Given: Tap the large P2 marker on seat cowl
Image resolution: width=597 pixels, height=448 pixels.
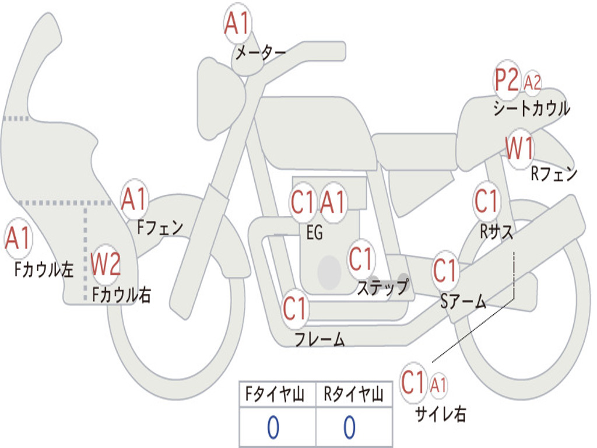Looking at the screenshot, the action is coord(507,80).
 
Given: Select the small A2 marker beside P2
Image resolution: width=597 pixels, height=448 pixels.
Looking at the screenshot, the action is coord(532,83).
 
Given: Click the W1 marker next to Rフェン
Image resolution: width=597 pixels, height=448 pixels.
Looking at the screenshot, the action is coord(519,149).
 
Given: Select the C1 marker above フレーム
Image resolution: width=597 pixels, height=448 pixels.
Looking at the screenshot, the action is coord(295,308).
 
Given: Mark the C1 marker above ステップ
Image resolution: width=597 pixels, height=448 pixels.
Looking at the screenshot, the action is coord(361,259).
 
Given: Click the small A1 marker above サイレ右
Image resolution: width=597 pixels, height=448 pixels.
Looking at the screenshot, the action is coord(438,385).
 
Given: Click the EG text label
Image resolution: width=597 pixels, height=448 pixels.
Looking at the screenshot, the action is coord(314,233).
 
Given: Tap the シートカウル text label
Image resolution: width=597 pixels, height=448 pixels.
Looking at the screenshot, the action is coord(531,108).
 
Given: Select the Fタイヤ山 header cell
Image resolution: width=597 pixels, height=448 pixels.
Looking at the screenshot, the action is coord(277,395).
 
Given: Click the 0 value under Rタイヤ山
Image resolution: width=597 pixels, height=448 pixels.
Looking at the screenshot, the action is coord(349,428).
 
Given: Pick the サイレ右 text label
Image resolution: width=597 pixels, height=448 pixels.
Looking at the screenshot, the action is coord(441,414).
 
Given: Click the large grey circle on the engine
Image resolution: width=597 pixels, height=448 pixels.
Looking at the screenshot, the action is coord(329,271).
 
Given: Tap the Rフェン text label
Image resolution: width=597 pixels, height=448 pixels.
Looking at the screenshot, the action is coord(554,173).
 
